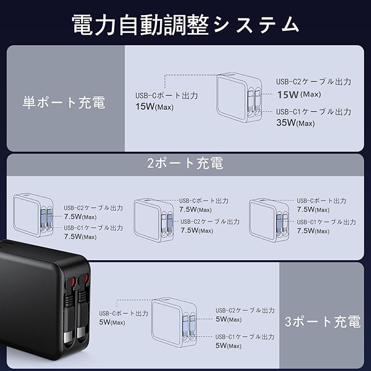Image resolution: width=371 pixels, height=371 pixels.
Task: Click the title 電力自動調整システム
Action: (x=185, y=24)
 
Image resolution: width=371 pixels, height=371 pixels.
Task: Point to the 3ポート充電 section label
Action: (x=323, y=322)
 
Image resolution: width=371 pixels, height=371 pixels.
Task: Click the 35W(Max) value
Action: (x=296, y=122)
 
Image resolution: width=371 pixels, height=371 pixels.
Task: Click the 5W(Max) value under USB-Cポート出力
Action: (x=111, y=322)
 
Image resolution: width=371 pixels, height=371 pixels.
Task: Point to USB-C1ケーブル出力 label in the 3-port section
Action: (x=245, y=337)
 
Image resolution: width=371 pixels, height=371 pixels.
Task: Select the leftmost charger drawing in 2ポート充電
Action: (x=33, y=214)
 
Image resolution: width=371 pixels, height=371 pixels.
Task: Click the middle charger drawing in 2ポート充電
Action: (x=154, y=219)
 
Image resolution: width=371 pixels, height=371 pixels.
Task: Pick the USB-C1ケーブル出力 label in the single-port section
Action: (x=313, y=111)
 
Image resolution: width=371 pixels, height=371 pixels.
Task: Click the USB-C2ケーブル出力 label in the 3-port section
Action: (x=245, y=310)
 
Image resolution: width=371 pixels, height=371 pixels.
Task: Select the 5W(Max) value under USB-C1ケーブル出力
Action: (x=228, y=345)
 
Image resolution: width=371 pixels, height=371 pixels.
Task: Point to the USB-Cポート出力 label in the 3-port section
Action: (x=123, y=313)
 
